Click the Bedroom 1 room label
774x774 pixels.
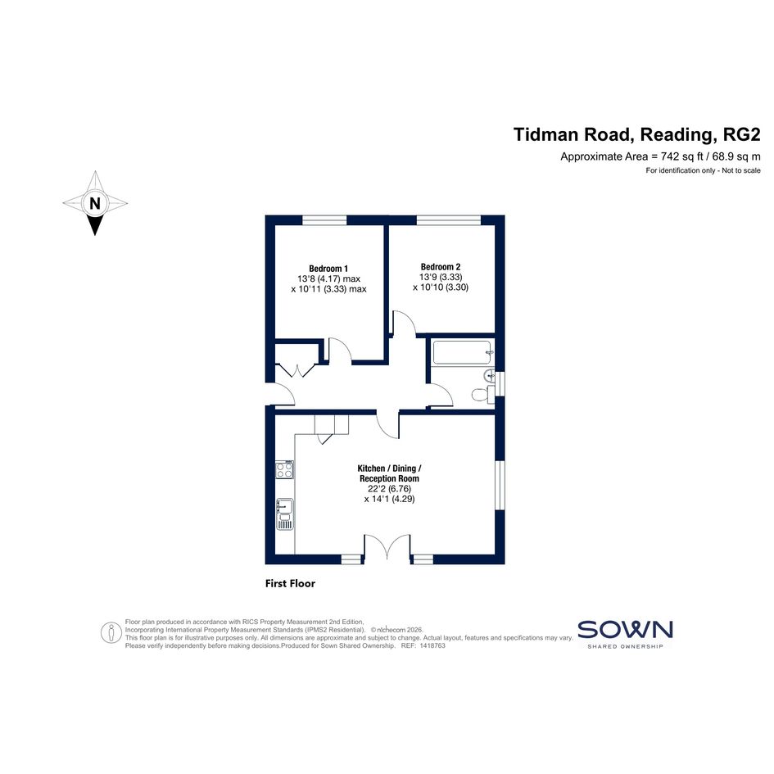[x=328, y=269]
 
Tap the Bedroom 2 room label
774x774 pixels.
[x=441, y=267]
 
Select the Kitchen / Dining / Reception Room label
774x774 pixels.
[x=390, y=473]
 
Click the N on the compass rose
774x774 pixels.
[x=95, y=203]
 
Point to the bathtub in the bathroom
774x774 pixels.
[x=462, y=352]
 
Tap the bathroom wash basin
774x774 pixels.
[x=489, y=375]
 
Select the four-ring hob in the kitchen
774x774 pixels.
[x=284, y=469]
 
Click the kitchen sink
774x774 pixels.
[x=285, y=514]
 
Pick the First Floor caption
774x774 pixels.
[x=290, y=583]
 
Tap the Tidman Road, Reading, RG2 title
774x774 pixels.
[x=636, y=134]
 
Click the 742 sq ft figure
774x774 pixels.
[x=683, y=157]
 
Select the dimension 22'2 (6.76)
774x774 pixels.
[x=390, y=489]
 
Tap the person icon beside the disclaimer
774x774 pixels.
[x=111, y=632]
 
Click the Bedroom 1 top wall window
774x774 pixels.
[x=324, y=220]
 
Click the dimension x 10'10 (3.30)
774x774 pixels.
[x=441, y=287]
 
